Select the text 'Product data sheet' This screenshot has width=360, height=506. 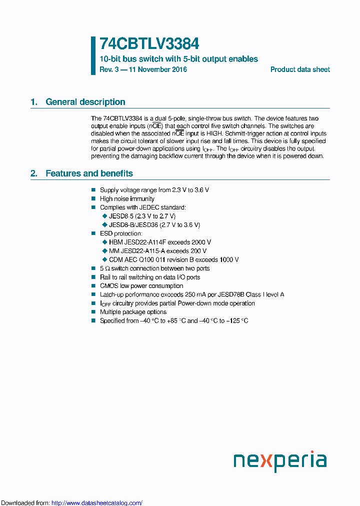pos(300,69)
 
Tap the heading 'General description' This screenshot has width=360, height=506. pos(85,102)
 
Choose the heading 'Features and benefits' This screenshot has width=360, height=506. pos(89,173)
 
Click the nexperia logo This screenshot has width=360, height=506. pos(280,461)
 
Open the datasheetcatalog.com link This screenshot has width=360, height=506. pos(97,503)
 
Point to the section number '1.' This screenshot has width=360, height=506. pos(34,102)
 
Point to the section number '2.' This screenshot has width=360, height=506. pos(34,173)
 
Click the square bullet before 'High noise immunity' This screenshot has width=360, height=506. pos(93,198)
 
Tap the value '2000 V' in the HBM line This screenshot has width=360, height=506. pos(201,242)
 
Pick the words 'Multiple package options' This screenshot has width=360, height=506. pos(133,312)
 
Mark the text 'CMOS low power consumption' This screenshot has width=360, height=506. pos(141,286)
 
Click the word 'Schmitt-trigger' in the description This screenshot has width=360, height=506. pos(246,133)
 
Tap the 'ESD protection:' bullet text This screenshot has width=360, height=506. pos(121,233)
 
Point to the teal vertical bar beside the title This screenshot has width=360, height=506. pos(93,55)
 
